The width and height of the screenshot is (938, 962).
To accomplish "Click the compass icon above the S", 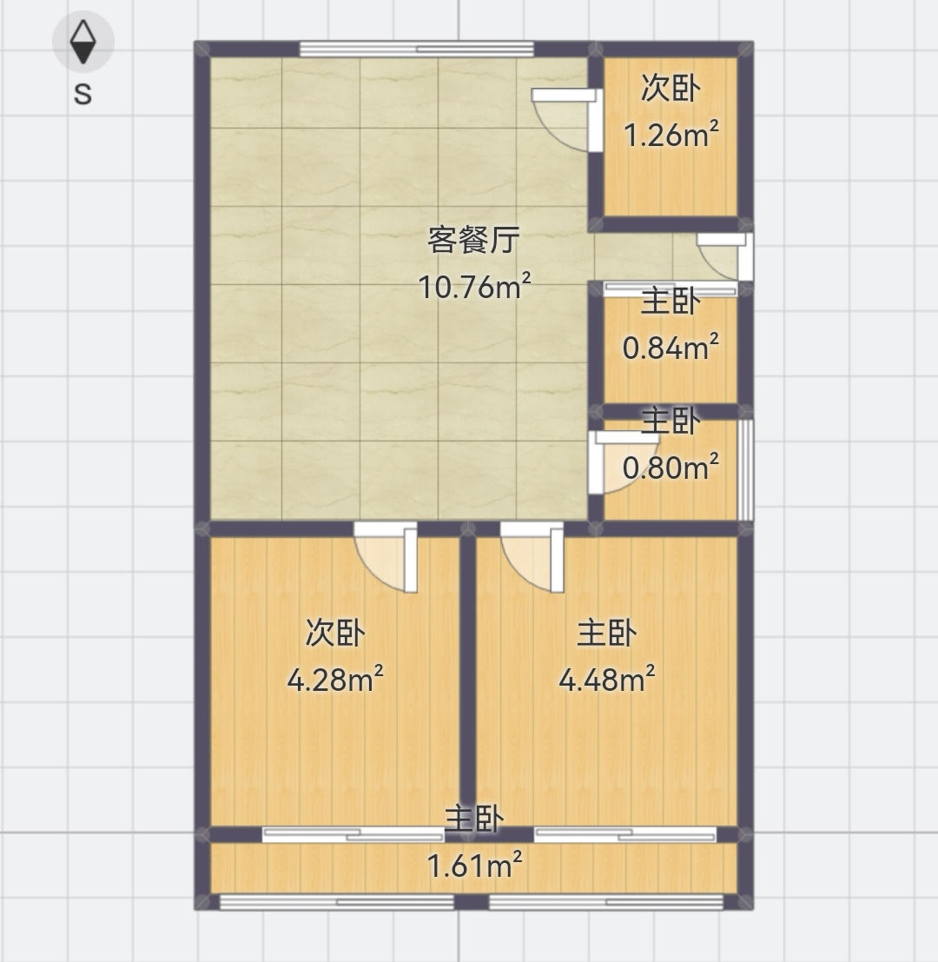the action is [x=83, y=42].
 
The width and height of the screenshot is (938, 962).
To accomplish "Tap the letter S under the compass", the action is [x=83, y=95].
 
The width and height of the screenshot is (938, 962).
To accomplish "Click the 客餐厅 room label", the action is [x=474, y=240].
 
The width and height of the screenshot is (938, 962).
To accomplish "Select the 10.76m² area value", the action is [x=474, y=287].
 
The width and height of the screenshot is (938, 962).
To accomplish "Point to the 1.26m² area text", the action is [x=670, y=135].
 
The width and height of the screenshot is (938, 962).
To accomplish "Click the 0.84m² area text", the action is [x=670, y=348].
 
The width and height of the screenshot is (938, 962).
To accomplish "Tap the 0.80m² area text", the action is [x=670, y=468].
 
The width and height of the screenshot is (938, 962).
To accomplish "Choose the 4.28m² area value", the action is [x=335, y=680].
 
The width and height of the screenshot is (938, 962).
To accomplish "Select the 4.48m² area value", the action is [x=607, y=680].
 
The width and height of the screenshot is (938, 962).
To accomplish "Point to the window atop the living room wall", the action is [x=416, y=49].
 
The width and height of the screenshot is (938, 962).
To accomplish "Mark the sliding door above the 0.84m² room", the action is [x=670, y=289].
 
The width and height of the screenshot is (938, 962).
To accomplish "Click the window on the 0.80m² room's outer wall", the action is [x=745, y=470].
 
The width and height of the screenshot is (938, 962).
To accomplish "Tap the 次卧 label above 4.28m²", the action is [x=335, y=633].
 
